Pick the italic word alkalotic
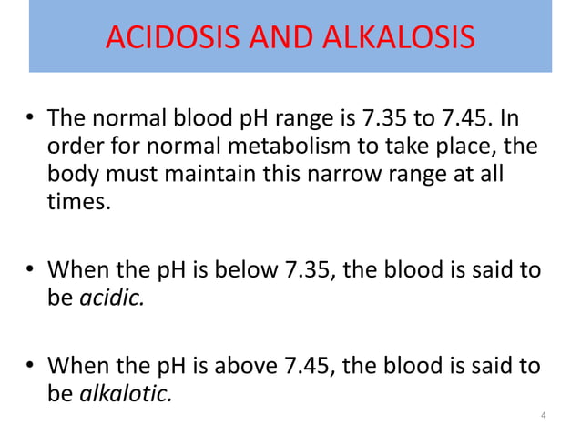coord(124,394)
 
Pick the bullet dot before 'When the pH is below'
coord(30,271)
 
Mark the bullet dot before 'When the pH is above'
coord(30,369)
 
